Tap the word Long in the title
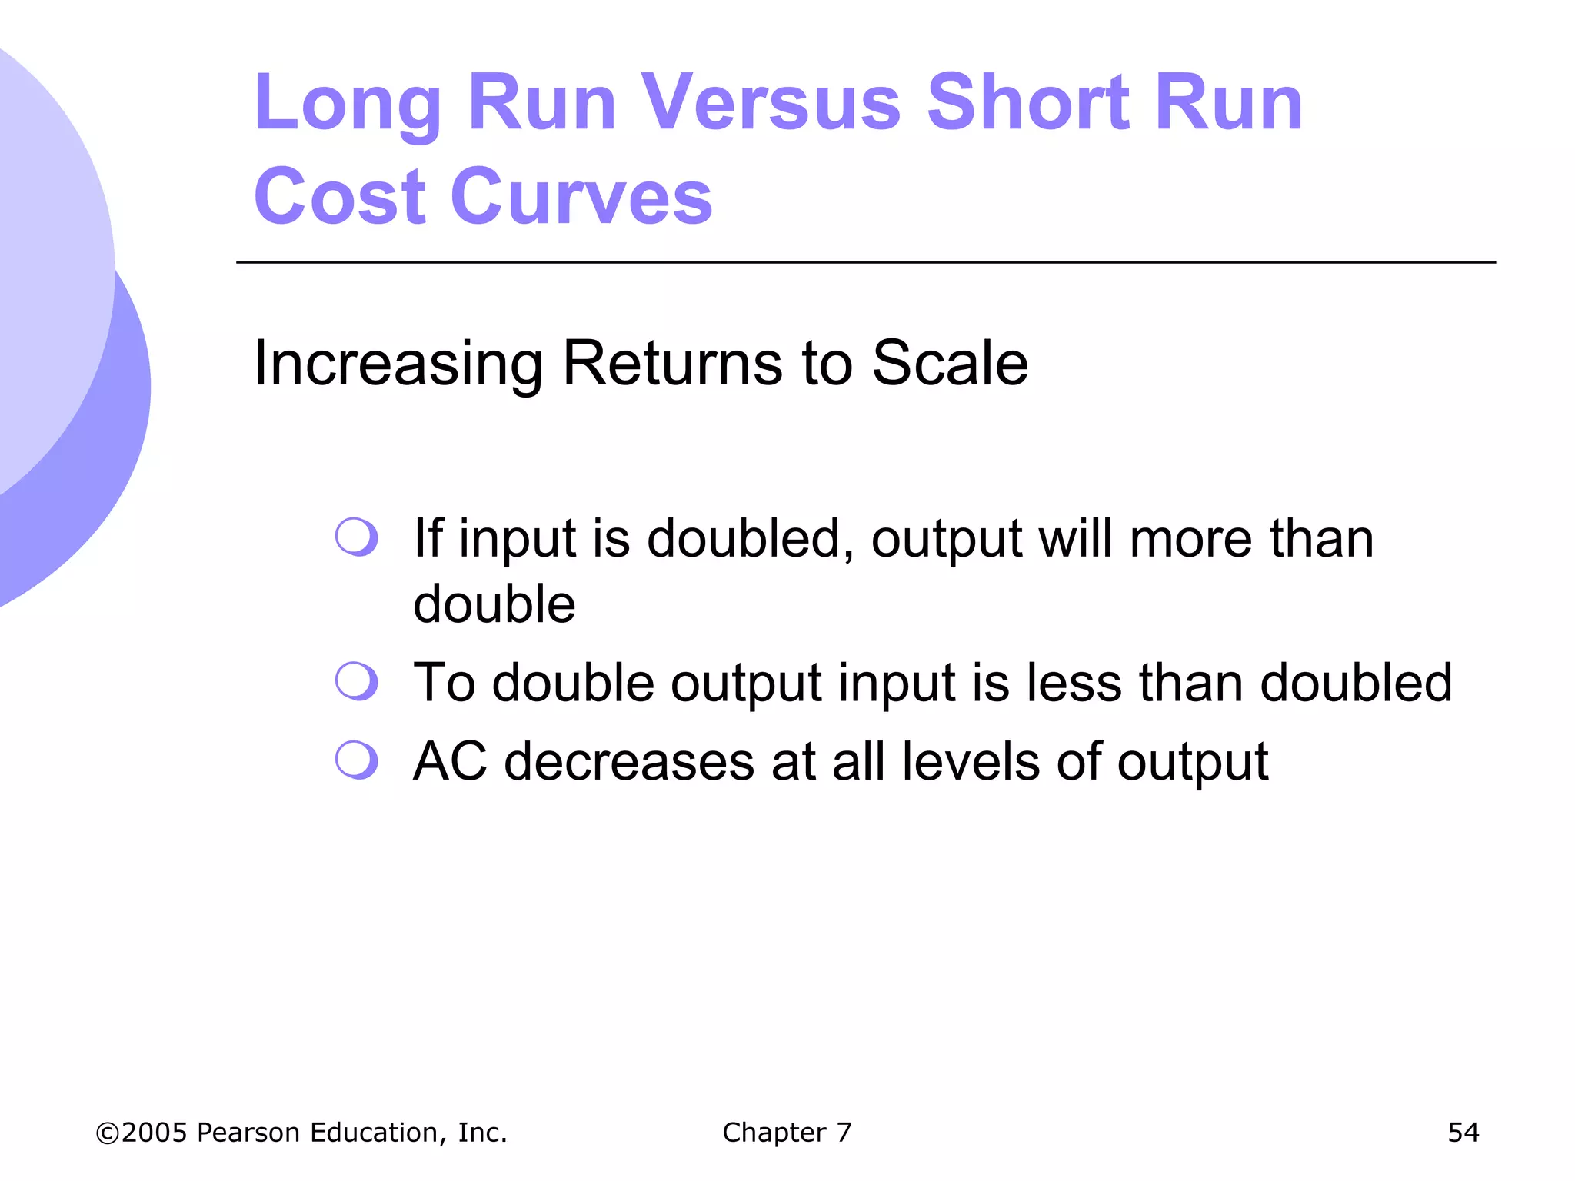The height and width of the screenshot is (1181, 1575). [x=348, y=104]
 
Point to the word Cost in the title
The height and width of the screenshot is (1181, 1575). [x=339, y=197]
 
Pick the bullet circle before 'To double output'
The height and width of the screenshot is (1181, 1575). [x=356, y=680]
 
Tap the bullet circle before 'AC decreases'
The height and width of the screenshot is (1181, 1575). [x=356, y=760]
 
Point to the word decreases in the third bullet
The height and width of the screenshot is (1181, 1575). [x=629, y=761]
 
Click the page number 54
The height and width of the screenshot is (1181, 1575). [x=1463, y=1133]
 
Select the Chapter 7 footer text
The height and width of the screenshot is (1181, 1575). [x=787, y=1133]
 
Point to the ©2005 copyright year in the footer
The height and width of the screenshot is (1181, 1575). [x=142, y=1133]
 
